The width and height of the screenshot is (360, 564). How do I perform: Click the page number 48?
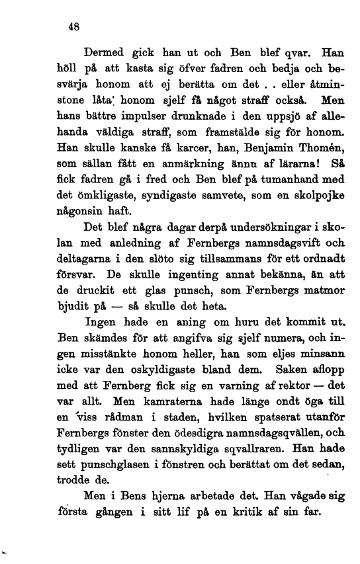(74, 28)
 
